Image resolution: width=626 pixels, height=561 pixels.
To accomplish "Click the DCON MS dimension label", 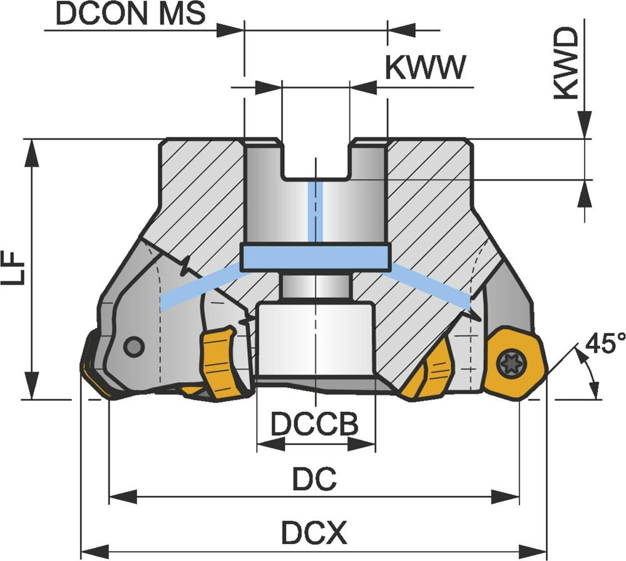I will pos(130,14).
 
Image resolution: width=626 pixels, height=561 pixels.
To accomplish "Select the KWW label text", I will pos(426,68).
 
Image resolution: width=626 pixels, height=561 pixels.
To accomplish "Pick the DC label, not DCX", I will pos(315,481).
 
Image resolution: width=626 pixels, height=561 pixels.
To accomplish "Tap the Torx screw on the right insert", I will pos(506,362).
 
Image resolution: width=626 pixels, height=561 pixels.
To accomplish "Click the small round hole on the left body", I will pos(133,346).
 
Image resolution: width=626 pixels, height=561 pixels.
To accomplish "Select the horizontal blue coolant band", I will pos(316,258).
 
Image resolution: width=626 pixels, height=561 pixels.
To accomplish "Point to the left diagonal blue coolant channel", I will pos(200,286).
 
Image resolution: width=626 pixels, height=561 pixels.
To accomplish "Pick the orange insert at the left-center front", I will pos(219,364).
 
